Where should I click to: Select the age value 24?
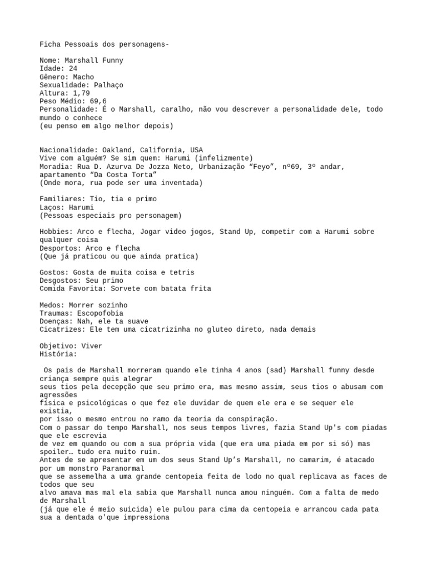click(73, 68)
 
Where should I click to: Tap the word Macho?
click(83, 77)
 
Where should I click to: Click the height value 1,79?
click(81, 93)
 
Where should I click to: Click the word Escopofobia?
click(104, 313)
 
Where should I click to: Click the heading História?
click(58, 354)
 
